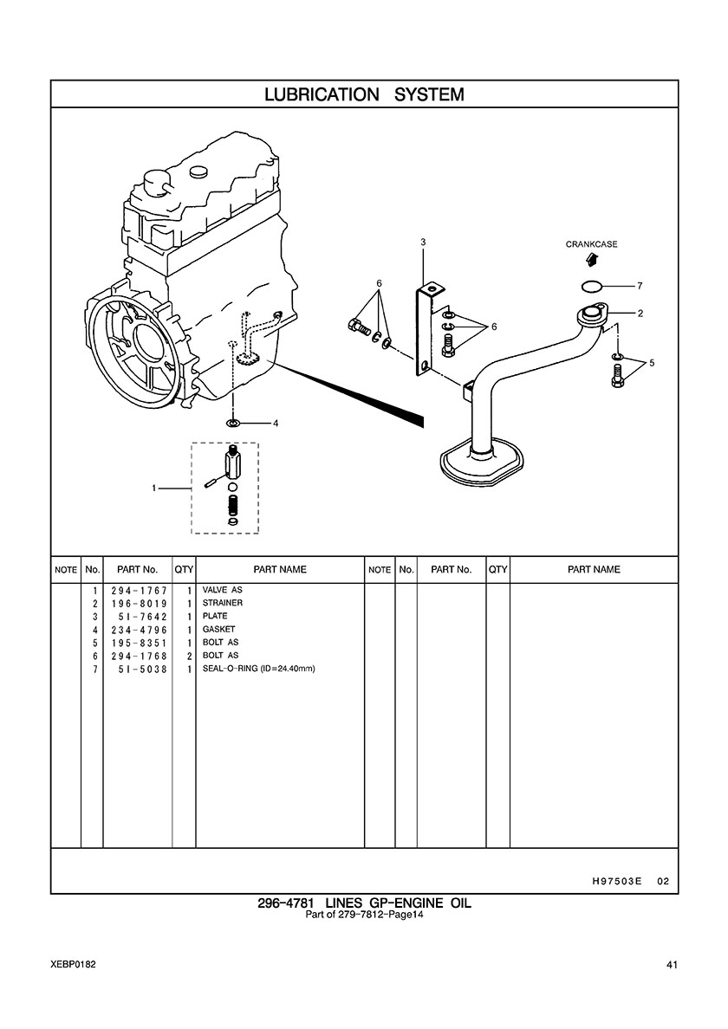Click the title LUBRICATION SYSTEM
pos(364,94)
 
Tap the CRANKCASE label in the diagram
pos(591,245)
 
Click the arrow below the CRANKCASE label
pos(591,259)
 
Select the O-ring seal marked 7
pos(592,286)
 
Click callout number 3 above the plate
pos(423,242)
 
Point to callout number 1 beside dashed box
pos(154,488)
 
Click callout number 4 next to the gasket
pos(276,424)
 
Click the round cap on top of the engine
pos(157,182)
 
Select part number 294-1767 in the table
pos(139,590)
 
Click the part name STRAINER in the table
pos(223,603)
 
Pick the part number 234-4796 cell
pos(139,630)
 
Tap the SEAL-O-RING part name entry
pos(257,669)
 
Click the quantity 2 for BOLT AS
pos(188,656)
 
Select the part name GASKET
pos(218,630)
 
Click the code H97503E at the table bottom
pos(616,881)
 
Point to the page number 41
pos(672,964)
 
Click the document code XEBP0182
pos(74,964)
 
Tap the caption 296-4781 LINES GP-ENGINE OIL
pos(364,903)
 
